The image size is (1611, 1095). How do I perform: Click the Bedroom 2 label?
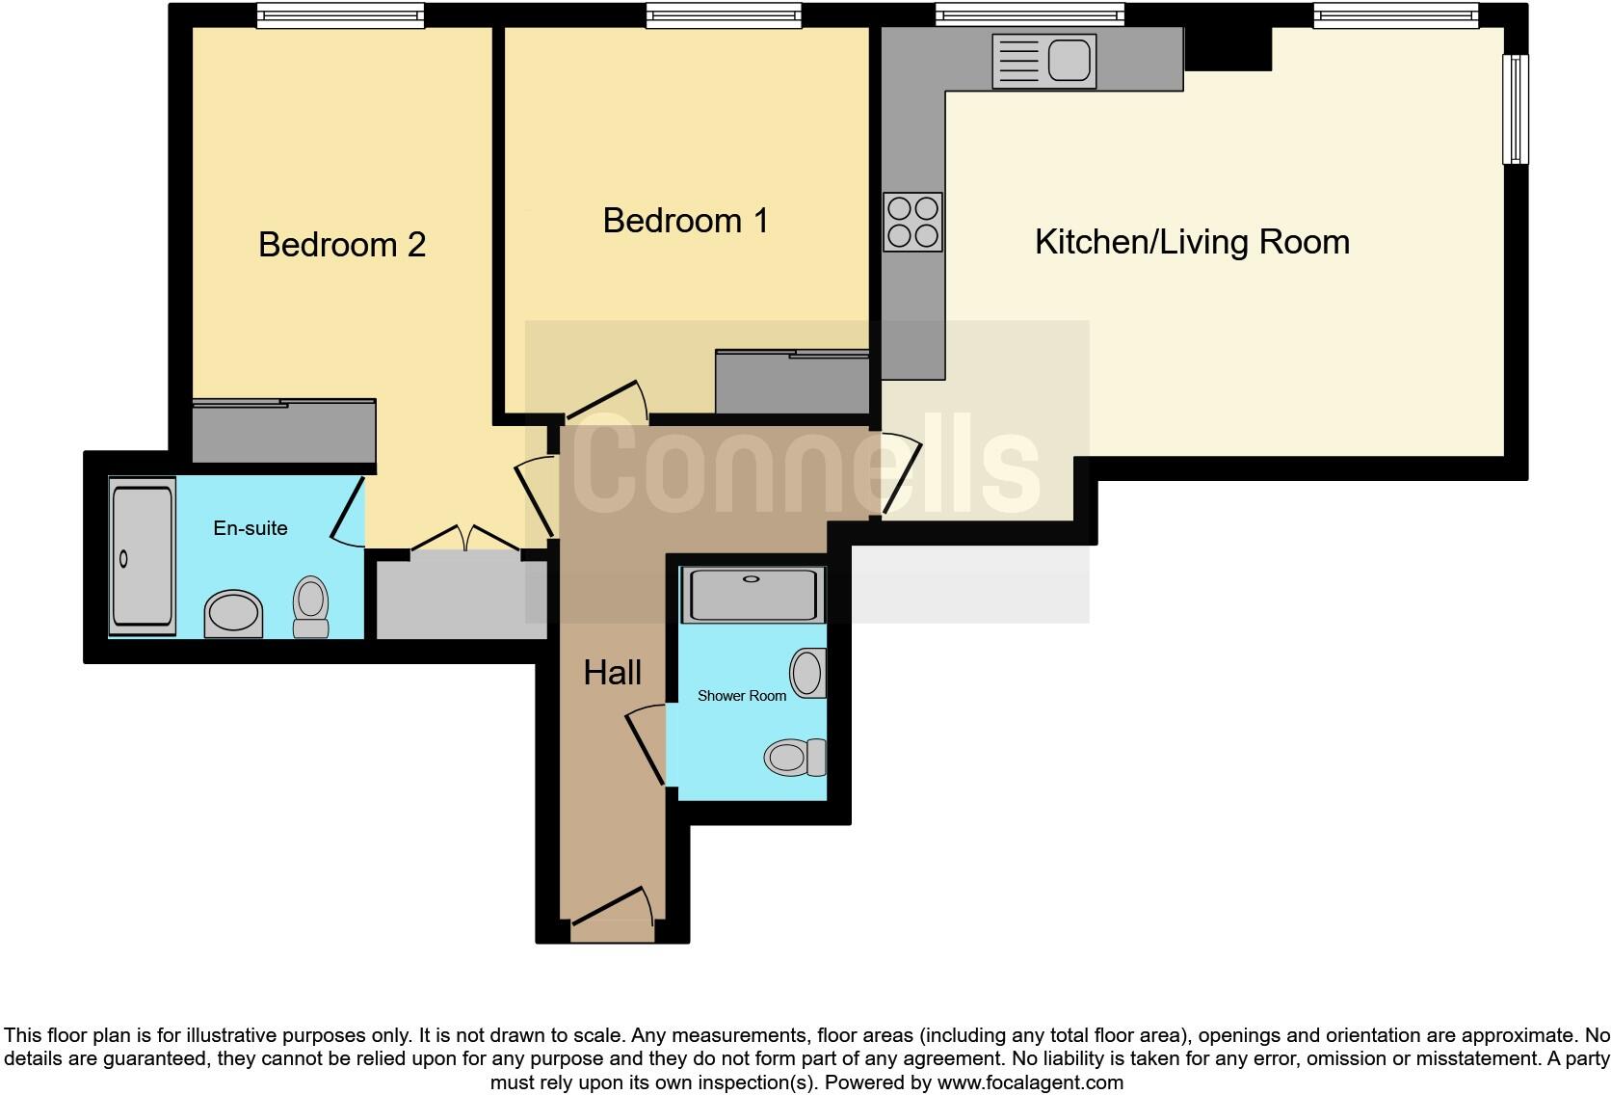(x=342, y=245)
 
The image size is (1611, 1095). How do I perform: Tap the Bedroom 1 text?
(x=685, y=220)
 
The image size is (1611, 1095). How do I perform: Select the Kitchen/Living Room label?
(x=1192, y=243)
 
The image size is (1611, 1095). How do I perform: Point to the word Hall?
(x=612, y=673)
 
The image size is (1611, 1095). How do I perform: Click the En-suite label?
(x=251, y=528)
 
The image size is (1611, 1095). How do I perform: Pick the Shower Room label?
(x=742, y=696)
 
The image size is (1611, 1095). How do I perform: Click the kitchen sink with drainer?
(x=1044, y=61)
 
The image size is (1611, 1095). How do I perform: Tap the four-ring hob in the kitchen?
(x=912, y=223)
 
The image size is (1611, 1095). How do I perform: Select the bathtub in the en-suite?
(x=143, y=556)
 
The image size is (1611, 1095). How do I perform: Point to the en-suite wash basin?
(x=233, y=614)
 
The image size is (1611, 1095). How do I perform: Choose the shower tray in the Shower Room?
(x=753, y=595)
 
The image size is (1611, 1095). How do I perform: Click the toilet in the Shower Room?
(x=796, y=757)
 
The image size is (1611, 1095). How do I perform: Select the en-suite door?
(x=348, y=512)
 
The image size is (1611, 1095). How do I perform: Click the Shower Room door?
(x=646, y=744)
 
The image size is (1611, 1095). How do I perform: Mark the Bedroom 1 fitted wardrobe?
(x=792, y=382)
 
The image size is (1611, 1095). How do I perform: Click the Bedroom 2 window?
(x=341, y=15)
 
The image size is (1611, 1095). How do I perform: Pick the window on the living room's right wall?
(x=1515, y=109)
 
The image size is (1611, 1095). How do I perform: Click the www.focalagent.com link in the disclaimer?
(x=1031, y=1082)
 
